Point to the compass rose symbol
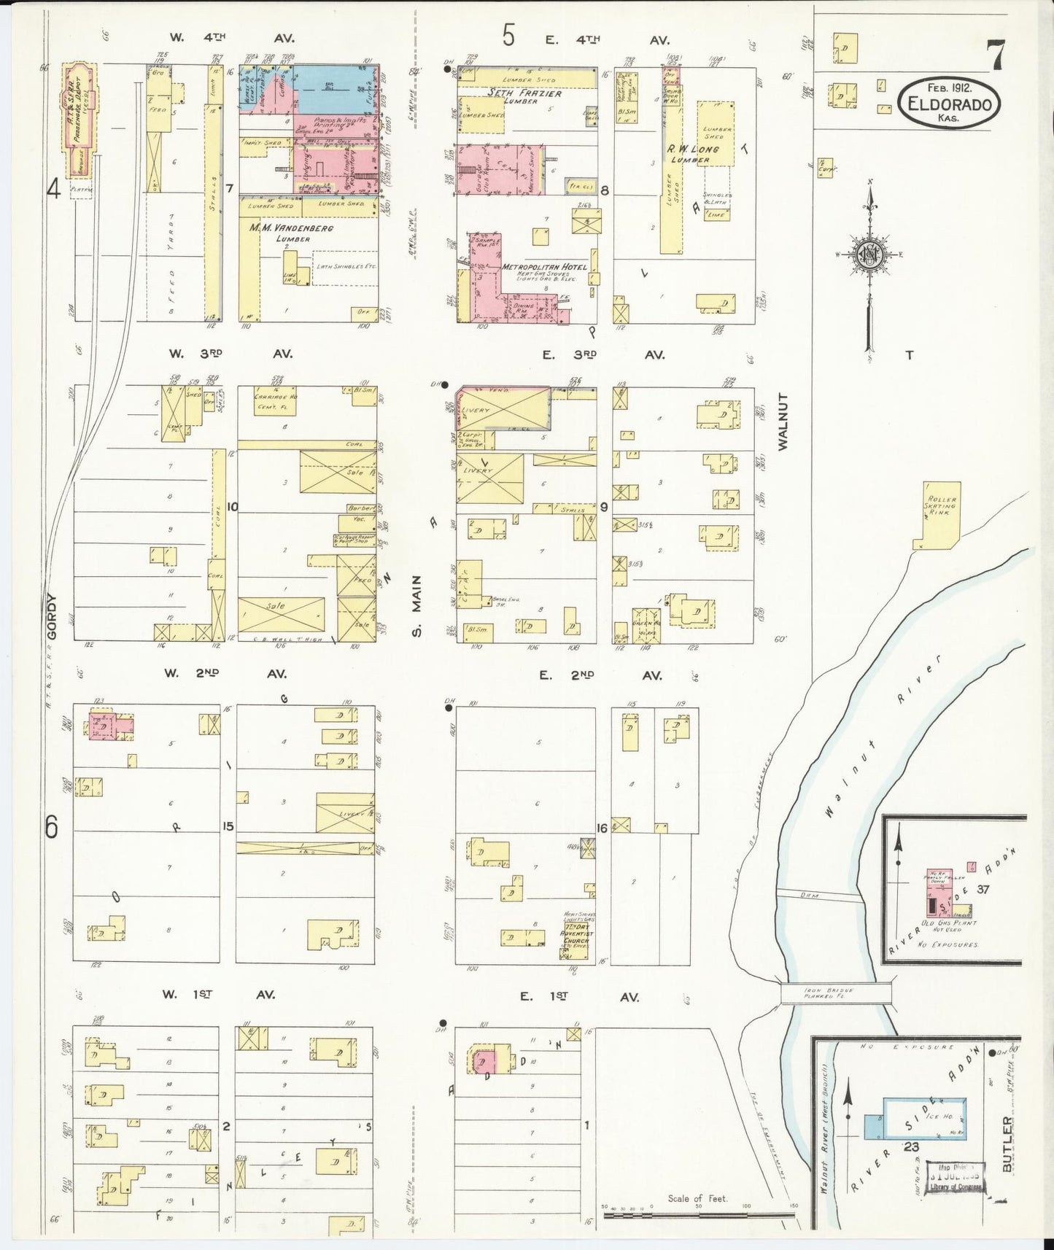[x=869, y=255]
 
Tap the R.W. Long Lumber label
[x=689, y=154]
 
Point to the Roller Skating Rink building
[x=937, y=515]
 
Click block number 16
[x=602, y=828]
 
